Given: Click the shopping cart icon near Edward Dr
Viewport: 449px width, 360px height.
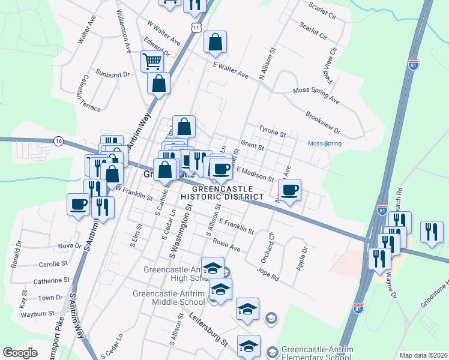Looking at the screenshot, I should (x=152, y=61).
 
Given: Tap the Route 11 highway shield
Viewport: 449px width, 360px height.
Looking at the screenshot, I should (x=196, y=28).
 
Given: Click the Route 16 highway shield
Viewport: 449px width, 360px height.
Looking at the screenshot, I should (x=58, y=141).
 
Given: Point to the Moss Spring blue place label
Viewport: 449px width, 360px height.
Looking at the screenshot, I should (x=324, y=144).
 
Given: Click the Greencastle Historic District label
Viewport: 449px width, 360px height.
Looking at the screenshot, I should (x=223, y=192).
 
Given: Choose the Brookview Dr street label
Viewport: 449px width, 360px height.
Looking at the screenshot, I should (x=322, y=122).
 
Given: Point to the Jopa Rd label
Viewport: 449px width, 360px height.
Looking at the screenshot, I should (x=268, y=273).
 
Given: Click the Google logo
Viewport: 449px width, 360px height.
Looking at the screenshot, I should (x=20, y=353).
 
